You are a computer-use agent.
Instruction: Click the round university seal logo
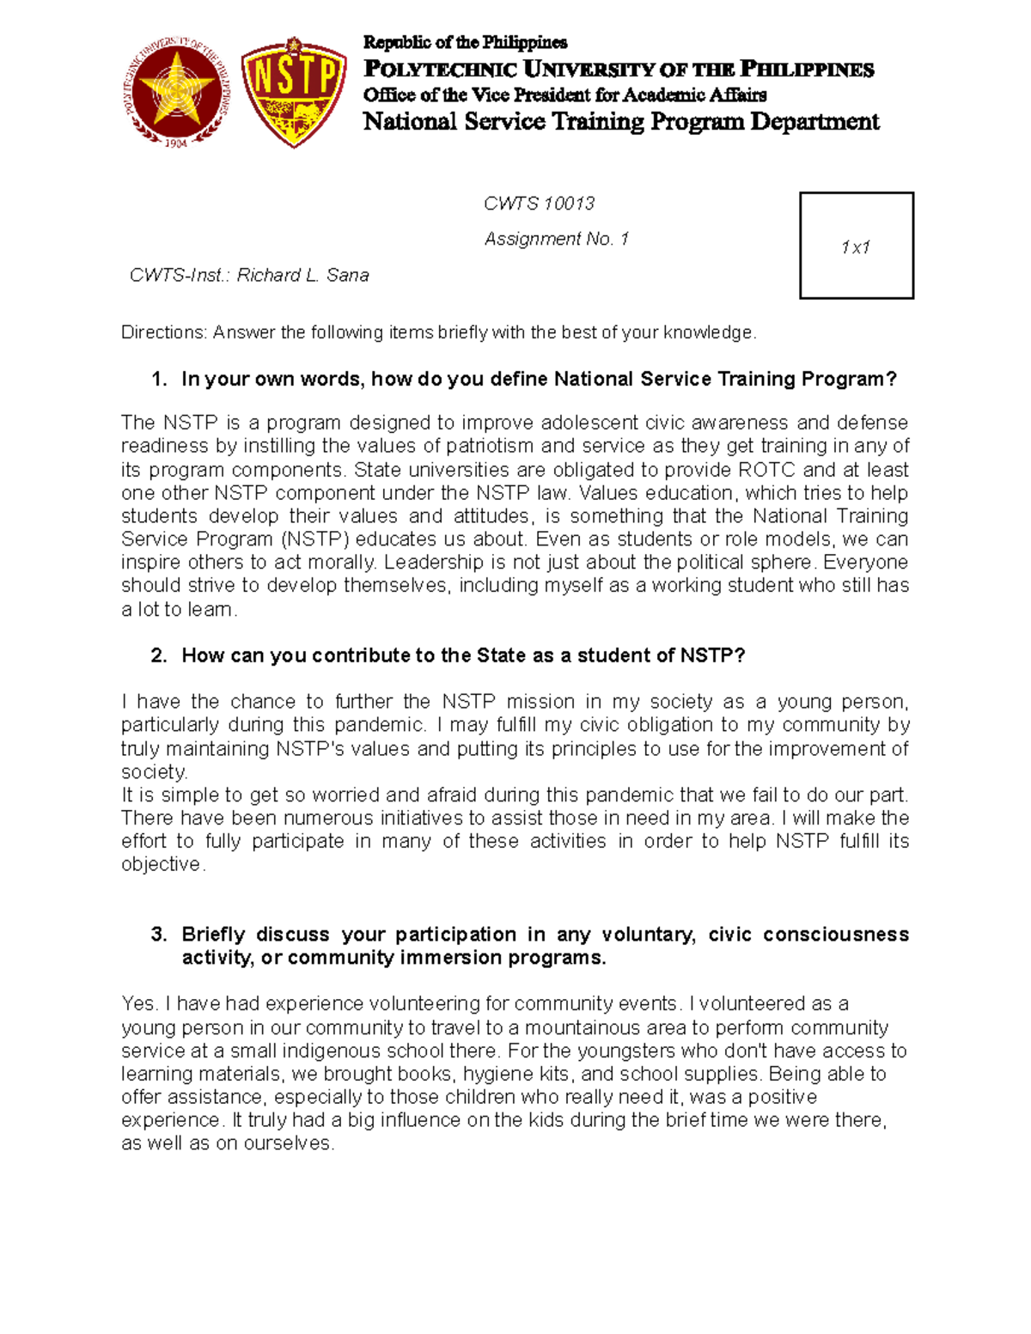pos(179,93)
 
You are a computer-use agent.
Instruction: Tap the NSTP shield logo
pos(294,92)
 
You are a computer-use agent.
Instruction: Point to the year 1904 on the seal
pos(176,143)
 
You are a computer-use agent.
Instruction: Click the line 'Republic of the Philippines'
pos(465,42)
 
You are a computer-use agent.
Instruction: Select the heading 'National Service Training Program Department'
pos(620,122)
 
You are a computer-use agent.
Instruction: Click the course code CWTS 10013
pos(539,204)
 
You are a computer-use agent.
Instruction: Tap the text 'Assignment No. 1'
pos(556,239)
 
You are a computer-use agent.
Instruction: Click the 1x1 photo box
pos(856,246)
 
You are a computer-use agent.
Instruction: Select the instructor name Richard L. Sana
pos(302,275)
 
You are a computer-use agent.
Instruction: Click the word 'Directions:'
pos(164,332)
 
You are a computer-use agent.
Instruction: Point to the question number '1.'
pos(159,379)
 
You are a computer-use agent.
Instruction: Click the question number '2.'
pos(159,655)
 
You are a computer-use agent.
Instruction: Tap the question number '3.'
pos(159,934)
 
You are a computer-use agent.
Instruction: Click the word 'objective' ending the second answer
pos(161,865)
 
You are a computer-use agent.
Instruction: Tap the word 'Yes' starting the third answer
pos(137,1003)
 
